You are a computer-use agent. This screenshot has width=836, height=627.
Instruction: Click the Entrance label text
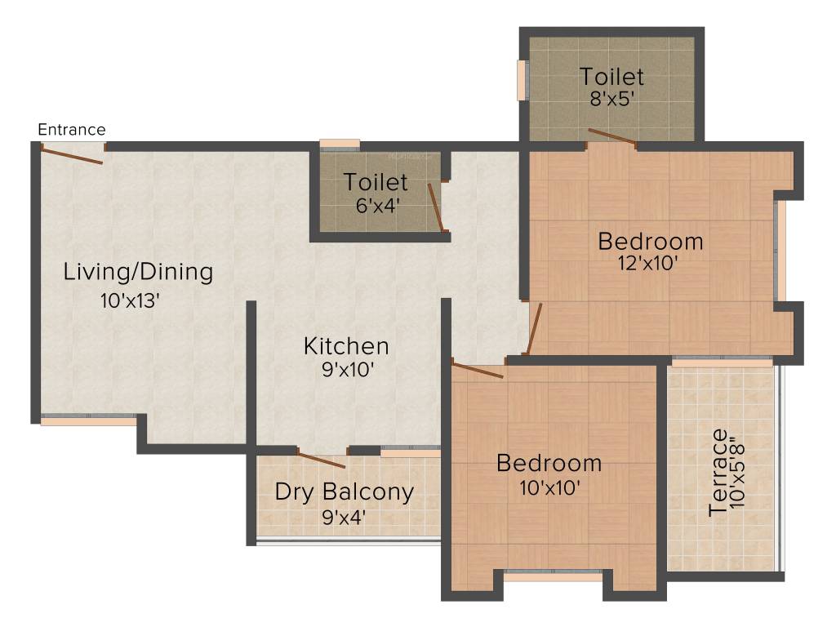(x=72, y=130)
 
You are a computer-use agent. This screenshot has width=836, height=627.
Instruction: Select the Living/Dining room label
(x=138, y=272)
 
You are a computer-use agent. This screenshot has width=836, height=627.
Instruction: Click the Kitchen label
(x=346, y=346)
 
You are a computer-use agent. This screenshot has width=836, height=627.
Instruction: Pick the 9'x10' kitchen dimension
(x=348, y=370)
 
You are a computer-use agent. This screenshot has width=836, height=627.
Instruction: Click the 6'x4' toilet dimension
(x=376, y=205)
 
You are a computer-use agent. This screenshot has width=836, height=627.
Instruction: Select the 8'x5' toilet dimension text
(x=611, y=100)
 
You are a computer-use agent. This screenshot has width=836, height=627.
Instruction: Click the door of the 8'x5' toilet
(x=611, y=136)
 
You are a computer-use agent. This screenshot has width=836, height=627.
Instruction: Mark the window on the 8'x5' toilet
(x=521, y=79)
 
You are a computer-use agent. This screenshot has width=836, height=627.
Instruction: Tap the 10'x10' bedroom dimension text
(x=549, y=487)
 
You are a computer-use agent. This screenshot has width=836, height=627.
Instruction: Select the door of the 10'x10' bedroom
(x=478, y=371)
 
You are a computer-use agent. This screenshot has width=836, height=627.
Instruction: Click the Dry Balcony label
(x=344, y=492)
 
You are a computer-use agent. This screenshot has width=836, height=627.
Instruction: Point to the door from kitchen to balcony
(x=322, y=460)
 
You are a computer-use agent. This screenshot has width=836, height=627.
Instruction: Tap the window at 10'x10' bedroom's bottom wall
(x=554, y=575)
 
